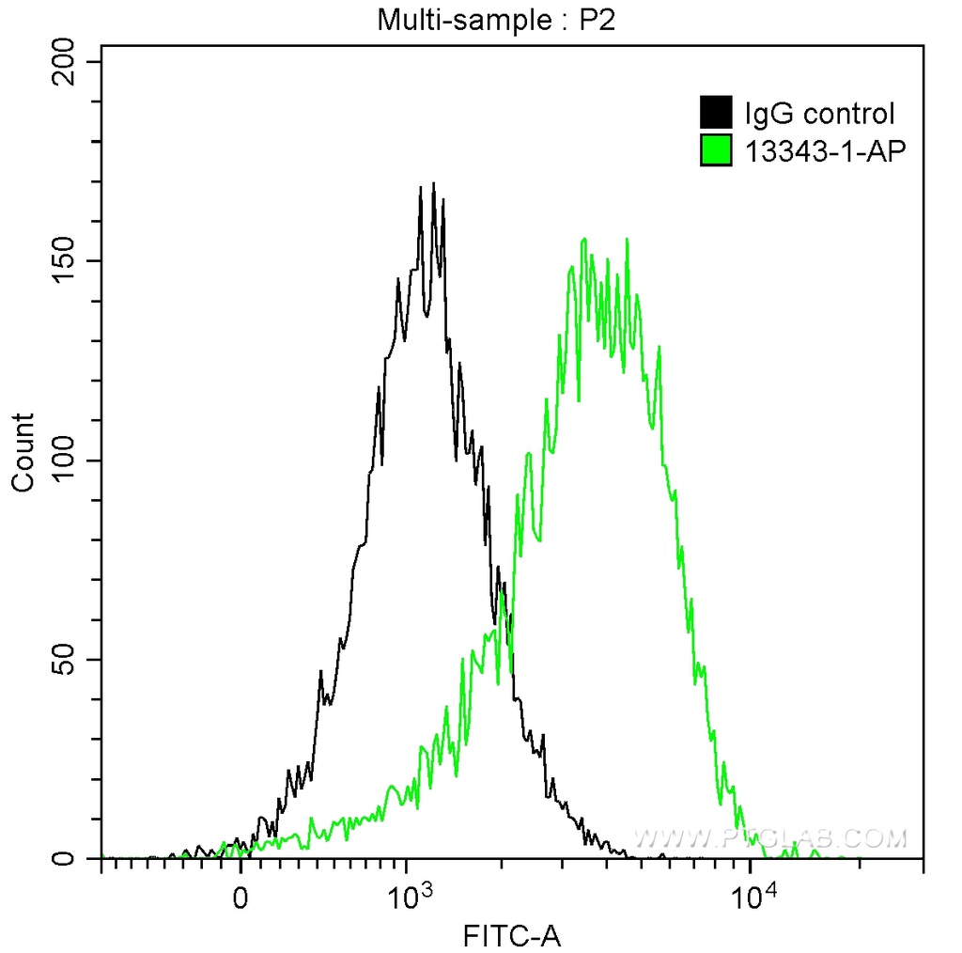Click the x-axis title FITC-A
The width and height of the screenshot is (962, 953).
click(512, 935)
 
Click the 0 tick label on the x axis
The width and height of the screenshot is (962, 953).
click(241, 896)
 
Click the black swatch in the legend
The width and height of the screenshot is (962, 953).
click(716, 114)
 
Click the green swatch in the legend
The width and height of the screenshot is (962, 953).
click(716, 150)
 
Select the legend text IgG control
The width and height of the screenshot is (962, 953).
click(818, 115)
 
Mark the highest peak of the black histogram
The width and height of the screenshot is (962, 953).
click(433, 184)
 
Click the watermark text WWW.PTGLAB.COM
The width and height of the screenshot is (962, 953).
click(770, 837)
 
